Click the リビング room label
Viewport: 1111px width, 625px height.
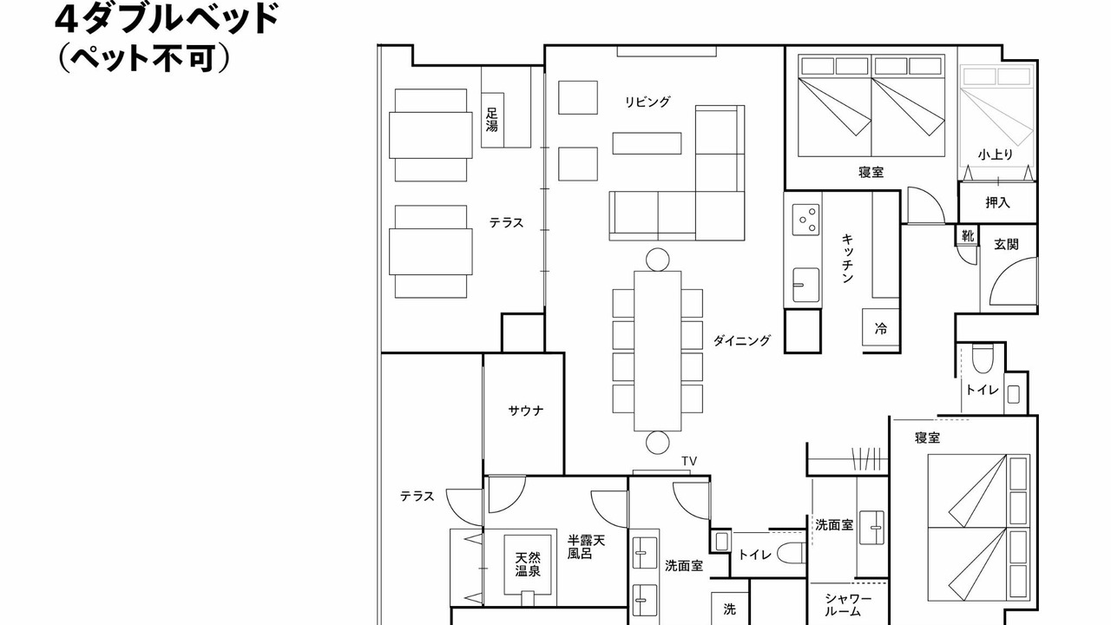tap(648, 102)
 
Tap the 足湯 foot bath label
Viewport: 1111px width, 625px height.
tap(491, 120)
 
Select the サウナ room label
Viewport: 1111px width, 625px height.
tap(526, 411)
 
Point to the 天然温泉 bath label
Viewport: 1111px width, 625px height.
tap(528, 564)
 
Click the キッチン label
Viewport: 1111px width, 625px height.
tap(847, 258)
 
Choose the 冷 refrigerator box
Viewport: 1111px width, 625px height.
tap(880, 328)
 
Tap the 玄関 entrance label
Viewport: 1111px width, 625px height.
tap(1006, 244)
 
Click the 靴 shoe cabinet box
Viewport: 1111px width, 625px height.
tap(968, 235)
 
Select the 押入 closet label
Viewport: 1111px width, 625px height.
tap(997, 202)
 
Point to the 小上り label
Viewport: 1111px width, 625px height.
tap(995, 155)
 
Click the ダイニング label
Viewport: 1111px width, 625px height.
tap(741, 340)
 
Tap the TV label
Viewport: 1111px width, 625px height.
tap(689, 461)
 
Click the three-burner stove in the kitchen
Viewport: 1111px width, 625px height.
tap(805, 220)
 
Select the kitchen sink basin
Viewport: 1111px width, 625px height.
tap(805, 285)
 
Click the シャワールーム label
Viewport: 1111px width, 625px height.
tap(848, 605)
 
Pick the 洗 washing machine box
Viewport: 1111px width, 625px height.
tap(729, 609)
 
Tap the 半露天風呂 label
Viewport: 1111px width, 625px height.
tap(586, 547)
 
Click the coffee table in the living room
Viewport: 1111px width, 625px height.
tap(647, 143)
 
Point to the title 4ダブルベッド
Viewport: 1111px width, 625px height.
tap(167, 19)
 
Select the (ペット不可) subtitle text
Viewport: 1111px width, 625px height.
tap(144, 58)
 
